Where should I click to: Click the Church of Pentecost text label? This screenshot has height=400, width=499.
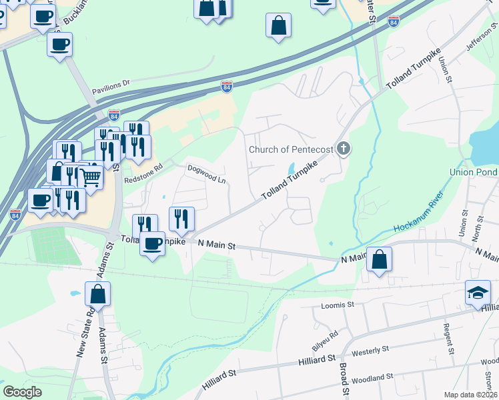point(290,149)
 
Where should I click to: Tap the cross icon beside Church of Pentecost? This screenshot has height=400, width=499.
point(344,148)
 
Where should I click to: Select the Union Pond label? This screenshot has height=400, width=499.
point(473,172)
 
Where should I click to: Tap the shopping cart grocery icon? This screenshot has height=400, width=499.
point(91,178)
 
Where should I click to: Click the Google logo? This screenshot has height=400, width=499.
point(23,392)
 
